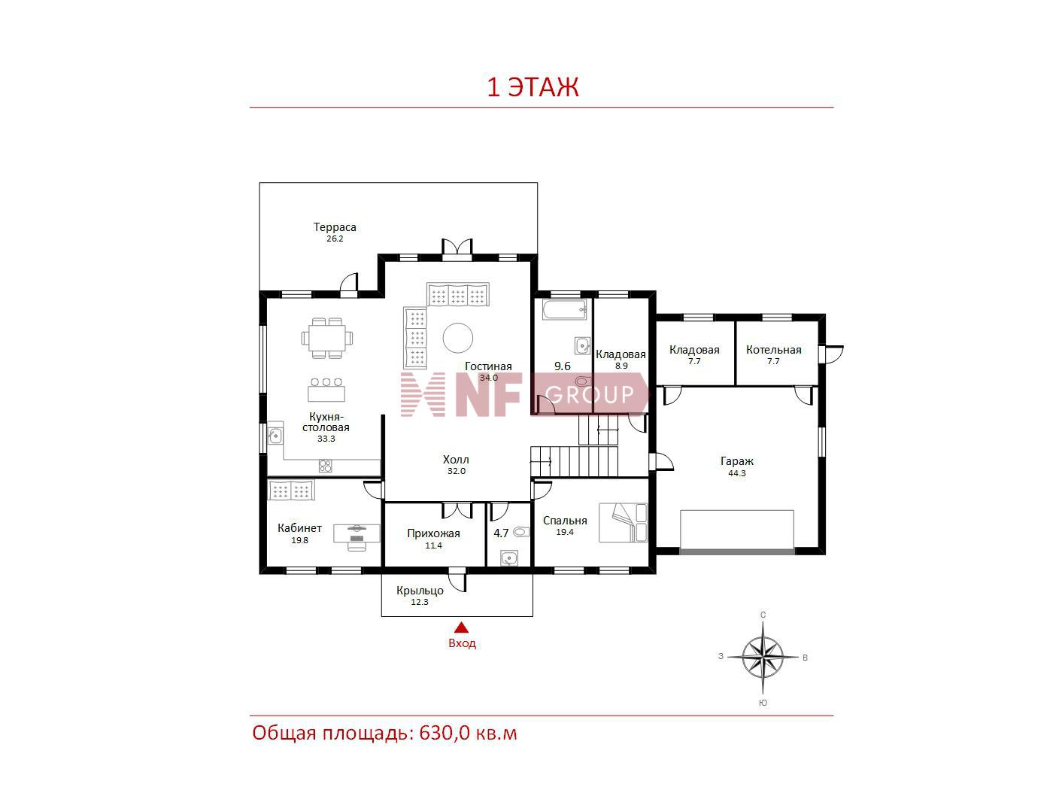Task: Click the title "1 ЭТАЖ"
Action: [533, 87]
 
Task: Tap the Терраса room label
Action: [335, 227]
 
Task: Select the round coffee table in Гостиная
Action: [457, 338]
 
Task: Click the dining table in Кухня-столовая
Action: [326, 338]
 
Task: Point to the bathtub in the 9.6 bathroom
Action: [565, 309]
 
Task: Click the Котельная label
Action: [773, 350]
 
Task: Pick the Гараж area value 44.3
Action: [736, 473]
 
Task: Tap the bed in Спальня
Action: [624, 522]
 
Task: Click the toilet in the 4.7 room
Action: [520, 532]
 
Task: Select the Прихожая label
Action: [433, 533]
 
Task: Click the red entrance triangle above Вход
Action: [462, 627]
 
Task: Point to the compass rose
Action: [763, 657]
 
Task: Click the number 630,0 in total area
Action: [445, 733]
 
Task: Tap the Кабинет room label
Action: [299, 528]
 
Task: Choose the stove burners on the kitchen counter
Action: [325, 466]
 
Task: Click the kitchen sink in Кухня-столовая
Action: [275, 436]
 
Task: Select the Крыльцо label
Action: [420, 591]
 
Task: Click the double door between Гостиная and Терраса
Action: [457, 250]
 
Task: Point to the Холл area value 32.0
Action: [457, 471]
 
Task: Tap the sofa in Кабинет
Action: [291, 490]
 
